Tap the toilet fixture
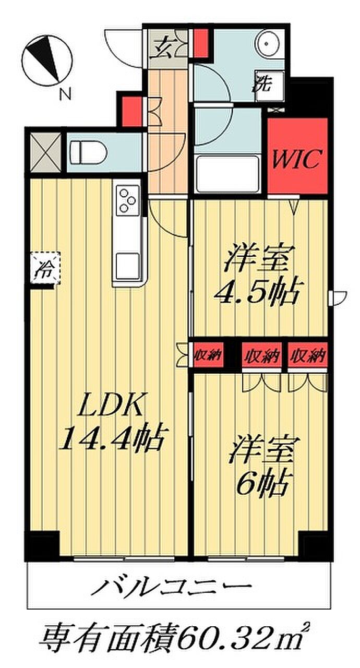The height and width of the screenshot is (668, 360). [88, 152]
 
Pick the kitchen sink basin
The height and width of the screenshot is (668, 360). [127, 266]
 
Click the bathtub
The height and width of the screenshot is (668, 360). [227, 174]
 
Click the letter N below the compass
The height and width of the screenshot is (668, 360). [66, 94]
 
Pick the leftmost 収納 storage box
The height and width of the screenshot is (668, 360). [208, 355]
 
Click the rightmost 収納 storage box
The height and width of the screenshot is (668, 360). [307, 355]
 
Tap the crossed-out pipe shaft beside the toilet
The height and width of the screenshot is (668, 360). [45, 152]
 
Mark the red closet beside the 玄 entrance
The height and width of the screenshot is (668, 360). [201, 42]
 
